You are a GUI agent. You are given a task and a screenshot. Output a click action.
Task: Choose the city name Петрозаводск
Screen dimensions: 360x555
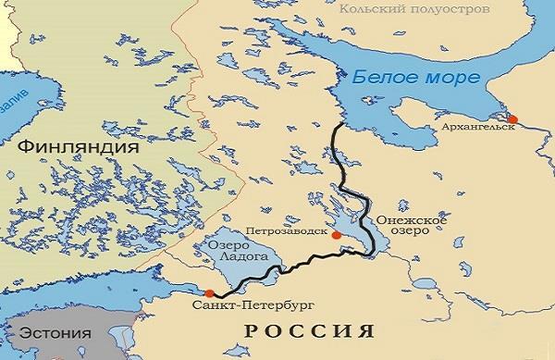point(289,225)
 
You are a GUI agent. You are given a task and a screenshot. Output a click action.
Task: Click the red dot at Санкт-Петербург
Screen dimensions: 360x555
point(208,292)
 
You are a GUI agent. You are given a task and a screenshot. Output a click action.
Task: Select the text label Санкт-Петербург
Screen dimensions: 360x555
point(242,304)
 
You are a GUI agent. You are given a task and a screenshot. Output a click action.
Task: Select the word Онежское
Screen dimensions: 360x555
point(411,218)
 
